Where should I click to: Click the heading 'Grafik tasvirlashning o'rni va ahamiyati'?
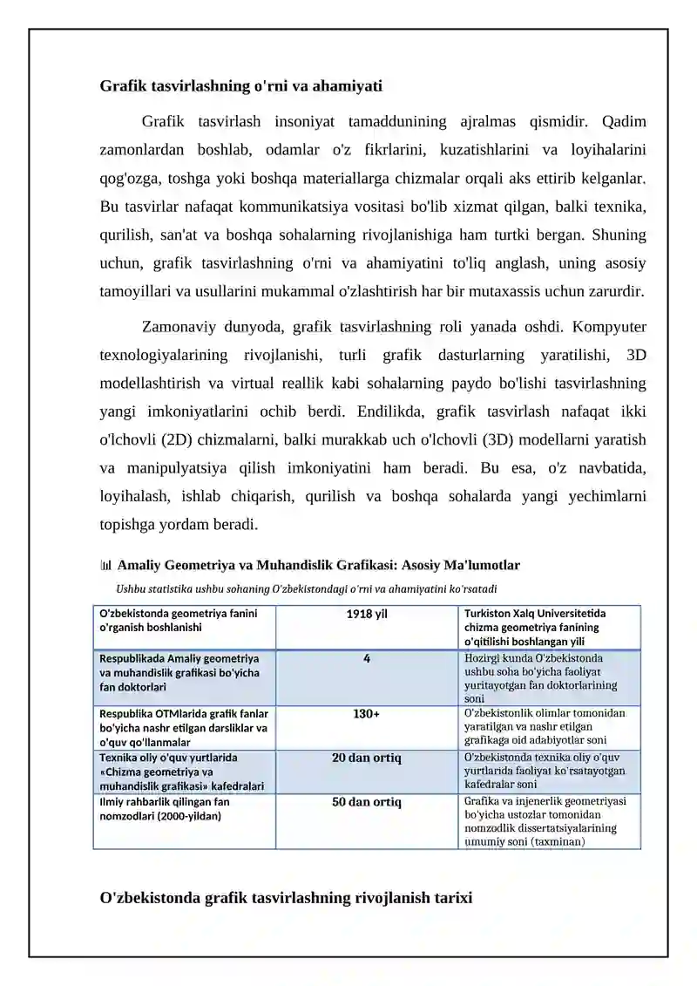click(241, 86)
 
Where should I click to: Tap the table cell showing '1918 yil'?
click(367, 615)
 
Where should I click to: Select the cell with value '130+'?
click(367, 714)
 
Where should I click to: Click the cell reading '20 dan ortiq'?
click(367, 758)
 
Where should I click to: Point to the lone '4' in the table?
click(367, 659)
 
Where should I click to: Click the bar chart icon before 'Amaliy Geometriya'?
click(106, 566)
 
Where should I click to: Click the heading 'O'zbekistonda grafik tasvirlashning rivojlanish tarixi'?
click(287, 897)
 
